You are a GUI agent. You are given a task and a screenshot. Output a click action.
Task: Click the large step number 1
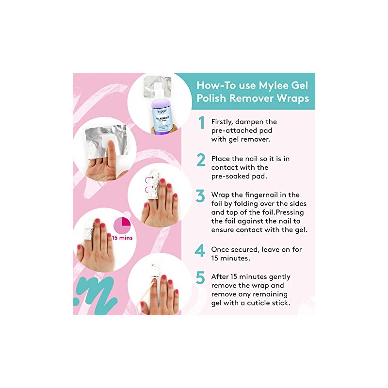coord(201,123)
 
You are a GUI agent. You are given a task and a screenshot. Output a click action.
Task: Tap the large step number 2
coord(201,160)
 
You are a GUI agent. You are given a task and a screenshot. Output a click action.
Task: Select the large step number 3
coord(200,196)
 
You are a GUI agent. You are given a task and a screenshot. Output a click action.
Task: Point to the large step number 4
coord(200,250)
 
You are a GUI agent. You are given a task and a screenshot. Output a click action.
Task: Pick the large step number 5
coord(200,278)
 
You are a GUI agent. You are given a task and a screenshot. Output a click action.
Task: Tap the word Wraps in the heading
coord(289,99)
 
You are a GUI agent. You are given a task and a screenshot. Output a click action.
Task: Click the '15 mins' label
coord(122,238)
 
